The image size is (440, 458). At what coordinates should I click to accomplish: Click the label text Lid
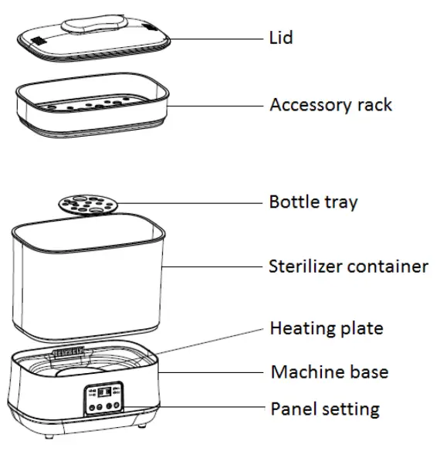coord(280,37)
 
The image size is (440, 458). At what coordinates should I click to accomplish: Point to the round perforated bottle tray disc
coord(86,205)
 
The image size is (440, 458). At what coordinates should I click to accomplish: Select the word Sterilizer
coord(306,266)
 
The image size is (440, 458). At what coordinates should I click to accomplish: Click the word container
coord(389,266)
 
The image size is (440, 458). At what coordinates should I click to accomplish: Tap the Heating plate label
coord(326,329)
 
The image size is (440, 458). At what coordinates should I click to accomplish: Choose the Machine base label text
coord(329,372)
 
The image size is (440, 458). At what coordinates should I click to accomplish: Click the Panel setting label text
coord(324,408)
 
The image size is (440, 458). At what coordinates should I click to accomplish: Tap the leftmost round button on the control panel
coord(90,408)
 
